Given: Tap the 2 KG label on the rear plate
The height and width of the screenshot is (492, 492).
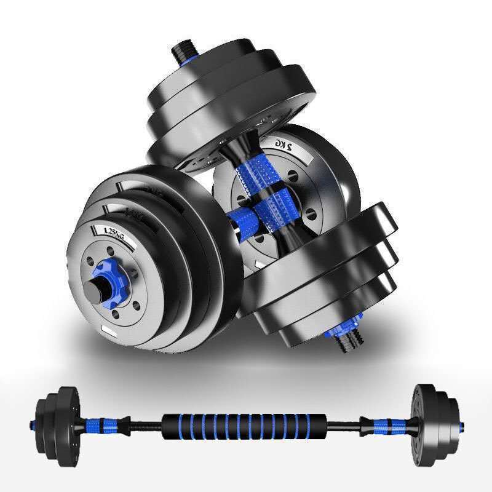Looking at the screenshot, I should click(x=284, y=145).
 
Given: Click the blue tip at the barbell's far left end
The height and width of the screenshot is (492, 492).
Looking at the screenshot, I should click(x=33, y=424).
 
